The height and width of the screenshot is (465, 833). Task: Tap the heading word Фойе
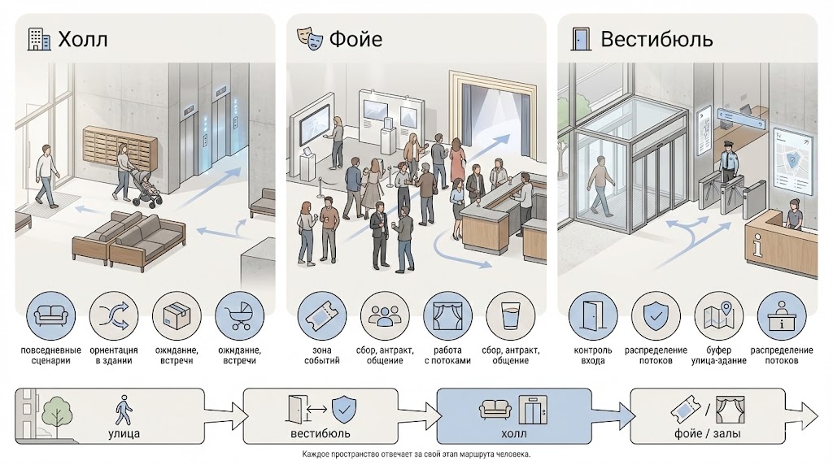pos(355,38)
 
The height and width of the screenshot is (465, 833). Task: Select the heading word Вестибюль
pos(656,38)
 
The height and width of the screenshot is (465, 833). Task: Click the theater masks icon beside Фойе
pos(312,37)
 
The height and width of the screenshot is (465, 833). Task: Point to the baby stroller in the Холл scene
pos(142,189)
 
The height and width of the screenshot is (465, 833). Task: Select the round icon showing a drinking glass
pos(510,317)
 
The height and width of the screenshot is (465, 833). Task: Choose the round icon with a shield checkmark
pos(656,317)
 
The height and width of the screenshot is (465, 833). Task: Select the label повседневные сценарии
pos(51,355)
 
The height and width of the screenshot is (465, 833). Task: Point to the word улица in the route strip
pos(123,434)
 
